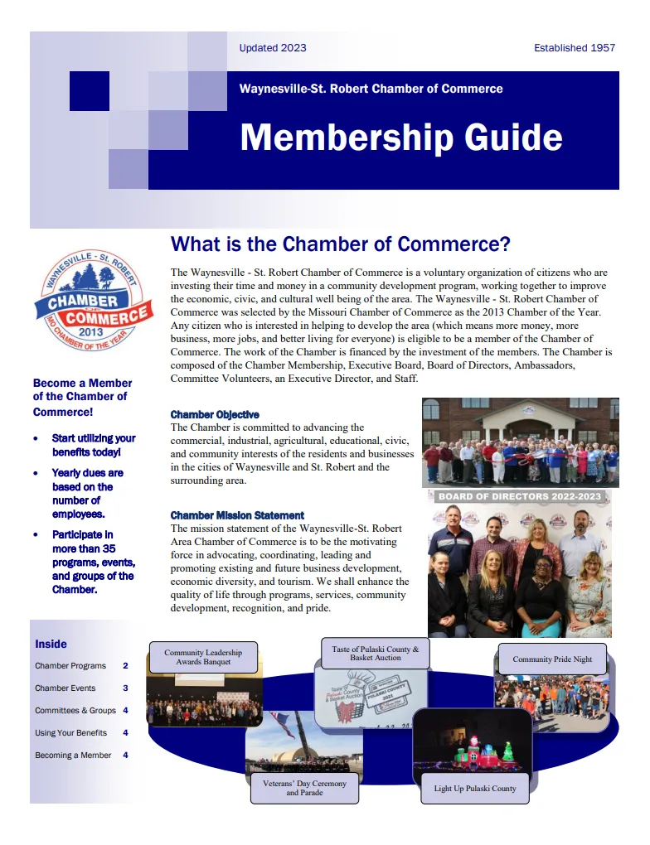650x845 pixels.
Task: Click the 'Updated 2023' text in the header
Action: point(272,48)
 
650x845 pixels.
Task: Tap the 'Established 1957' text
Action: point(575,48)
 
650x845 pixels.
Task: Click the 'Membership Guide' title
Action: point(401,138)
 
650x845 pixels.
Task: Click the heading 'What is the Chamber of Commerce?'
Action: point(340,244)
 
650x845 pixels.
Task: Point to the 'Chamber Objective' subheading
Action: point(215,414)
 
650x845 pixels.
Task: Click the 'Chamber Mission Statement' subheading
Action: point(237,515)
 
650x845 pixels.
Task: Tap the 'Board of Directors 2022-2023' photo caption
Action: point(520,497)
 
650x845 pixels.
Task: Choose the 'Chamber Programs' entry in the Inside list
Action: point(70,666)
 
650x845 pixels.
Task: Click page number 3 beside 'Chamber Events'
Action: point(125,688)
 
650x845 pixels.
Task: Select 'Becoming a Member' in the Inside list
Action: point(73,756)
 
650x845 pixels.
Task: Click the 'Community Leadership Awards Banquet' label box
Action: point(203,658)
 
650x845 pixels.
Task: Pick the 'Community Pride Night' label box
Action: point(552,659)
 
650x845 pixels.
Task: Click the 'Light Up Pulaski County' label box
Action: point(475,788)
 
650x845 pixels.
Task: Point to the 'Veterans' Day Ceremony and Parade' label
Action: point(304,788)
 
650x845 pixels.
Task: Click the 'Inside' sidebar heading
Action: point(51,644)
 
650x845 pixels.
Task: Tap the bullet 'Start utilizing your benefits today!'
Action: point(93,445)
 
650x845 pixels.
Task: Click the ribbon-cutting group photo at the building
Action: point(520,442)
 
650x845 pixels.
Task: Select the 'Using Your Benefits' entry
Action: point(70,733)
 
